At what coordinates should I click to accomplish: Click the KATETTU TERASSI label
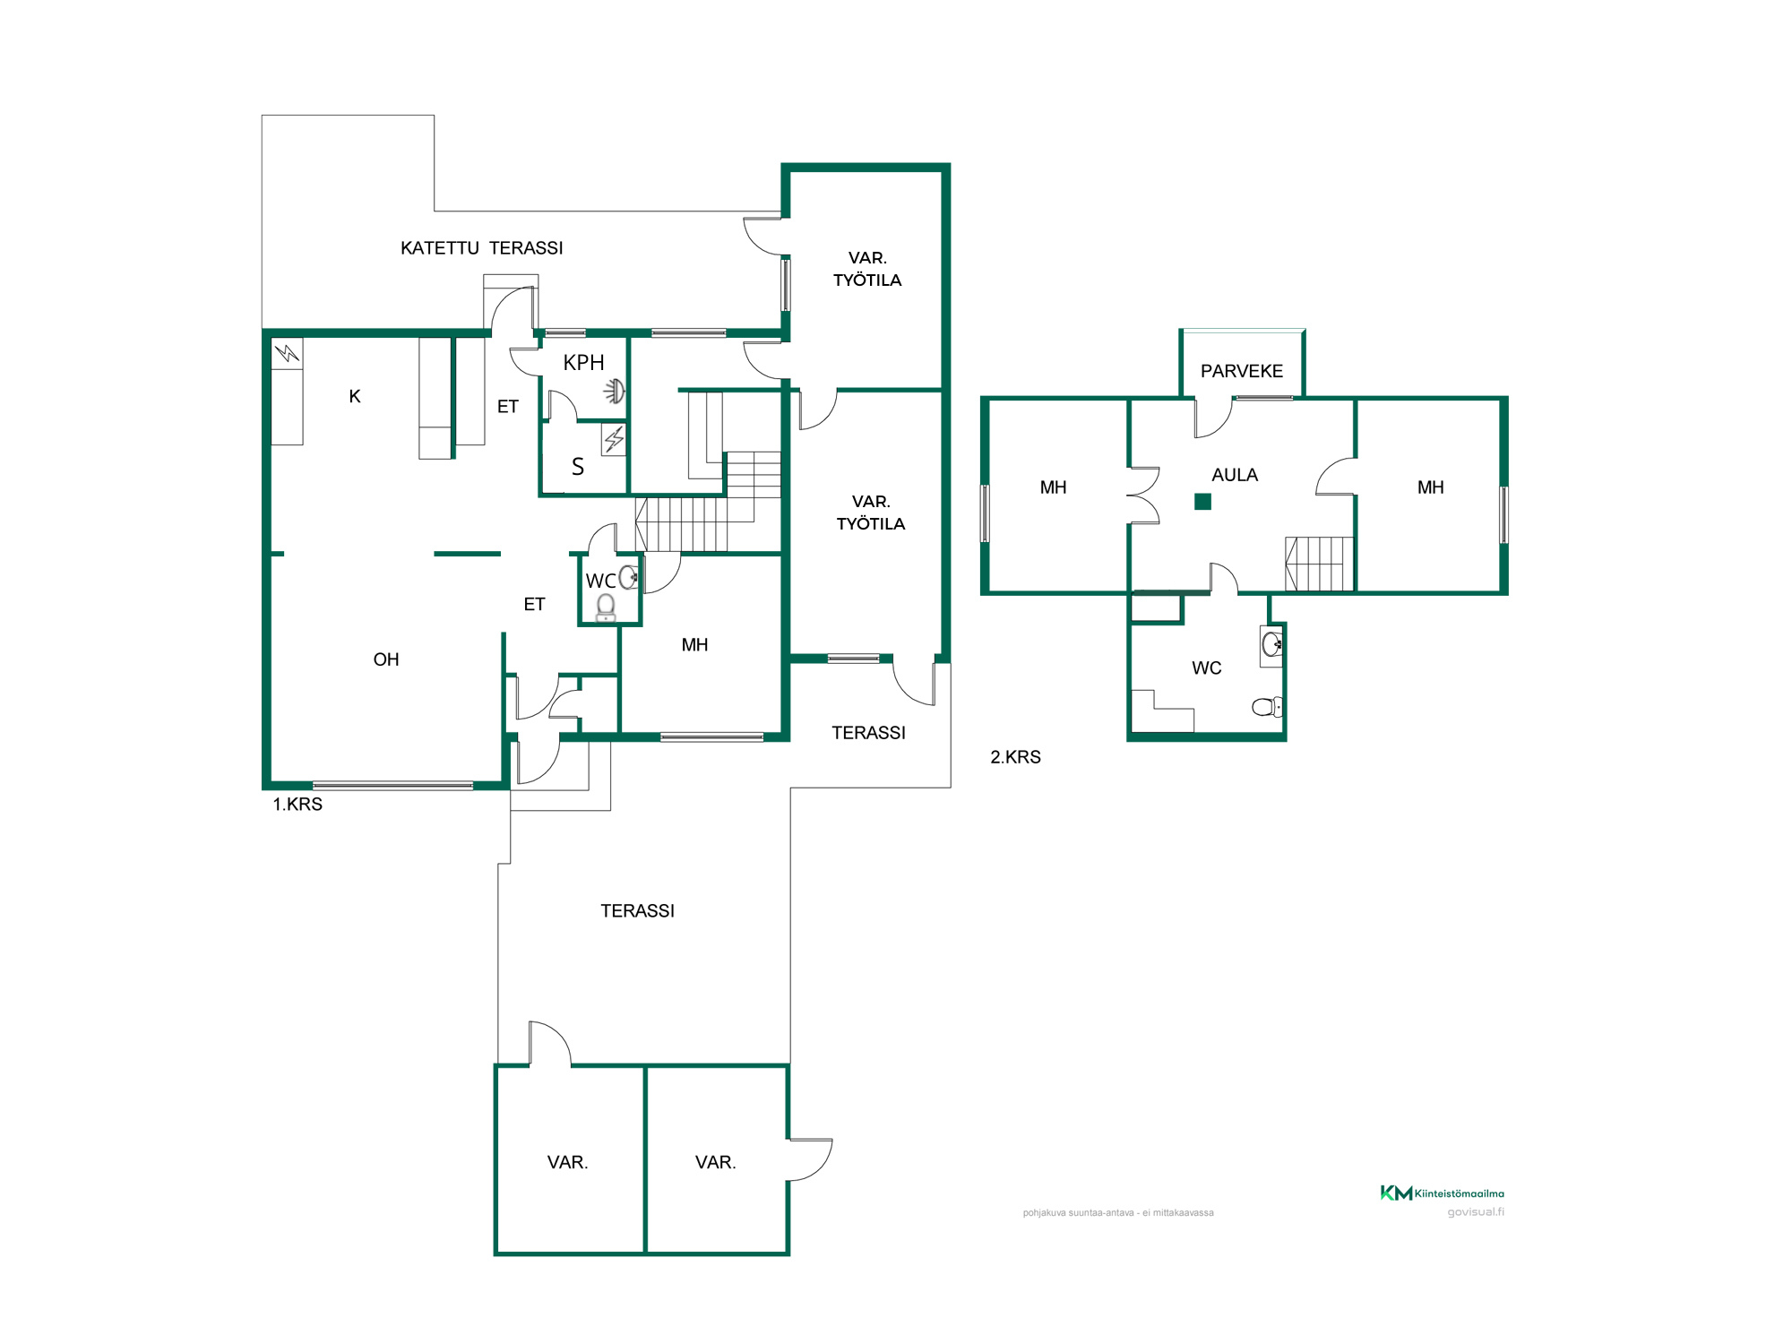coord(482,248)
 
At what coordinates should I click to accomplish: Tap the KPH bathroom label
coord(583,363)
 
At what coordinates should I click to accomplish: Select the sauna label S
coord(578,467)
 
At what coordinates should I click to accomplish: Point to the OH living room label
coord(386,659)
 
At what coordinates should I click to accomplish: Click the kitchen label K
coord(355,396)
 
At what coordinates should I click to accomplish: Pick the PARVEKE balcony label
coord(1242,371)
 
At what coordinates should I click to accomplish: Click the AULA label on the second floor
coord(1235,475)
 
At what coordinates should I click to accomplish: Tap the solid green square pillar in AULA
coord(1203,502)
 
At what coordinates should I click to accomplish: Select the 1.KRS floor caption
coord(297,805)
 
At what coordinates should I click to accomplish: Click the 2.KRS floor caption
coord(1015,757)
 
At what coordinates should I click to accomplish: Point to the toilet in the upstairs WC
coord(1267,707)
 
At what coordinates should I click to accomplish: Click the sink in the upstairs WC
coord(1271,643)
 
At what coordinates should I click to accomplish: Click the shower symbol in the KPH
coord(615,391)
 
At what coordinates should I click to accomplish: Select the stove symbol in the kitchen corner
coord(288,353)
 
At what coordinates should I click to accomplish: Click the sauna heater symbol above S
coord(614,440)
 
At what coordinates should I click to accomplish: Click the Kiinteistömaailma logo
coord(1442,1193)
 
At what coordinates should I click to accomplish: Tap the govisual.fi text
coord(1476,1212)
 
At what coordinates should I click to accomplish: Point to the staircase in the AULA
coord(1319,564)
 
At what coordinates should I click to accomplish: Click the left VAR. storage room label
coord(567,1162)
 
